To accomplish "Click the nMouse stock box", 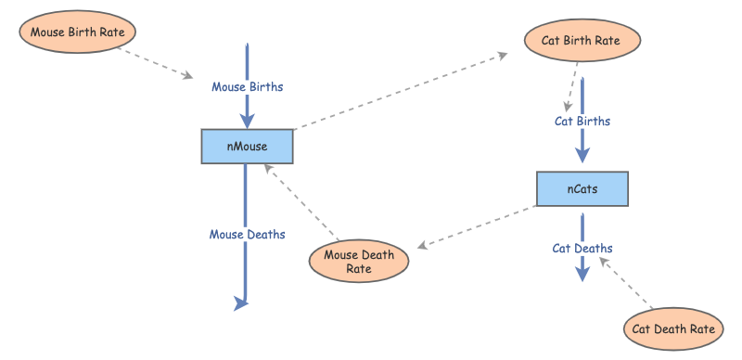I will coord(247,147).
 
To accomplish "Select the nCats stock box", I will coord(582,189).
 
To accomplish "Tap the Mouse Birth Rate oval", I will coord(77,32).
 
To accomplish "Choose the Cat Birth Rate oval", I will coord(581,41).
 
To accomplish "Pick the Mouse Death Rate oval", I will coord(359,261).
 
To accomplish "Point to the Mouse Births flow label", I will coord(247,87).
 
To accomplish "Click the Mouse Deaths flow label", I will coord(247,235).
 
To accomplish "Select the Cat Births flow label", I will coord(582,121).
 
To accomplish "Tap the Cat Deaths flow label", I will coord(582,248).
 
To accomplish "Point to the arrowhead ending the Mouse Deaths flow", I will coord(243,302).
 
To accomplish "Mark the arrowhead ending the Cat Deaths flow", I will coord(582,273).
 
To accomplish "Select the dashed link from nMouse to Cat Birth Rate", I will coord(399,91).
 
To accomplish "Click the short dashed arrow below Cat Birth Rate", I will coord(571,88).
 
